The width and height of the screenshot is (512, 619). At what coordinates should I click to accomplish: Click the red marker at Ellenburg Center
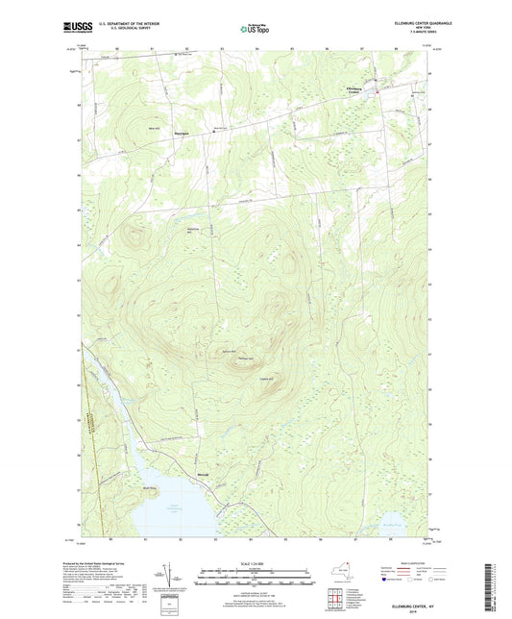pyautogui.click(x=377, y=92)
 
